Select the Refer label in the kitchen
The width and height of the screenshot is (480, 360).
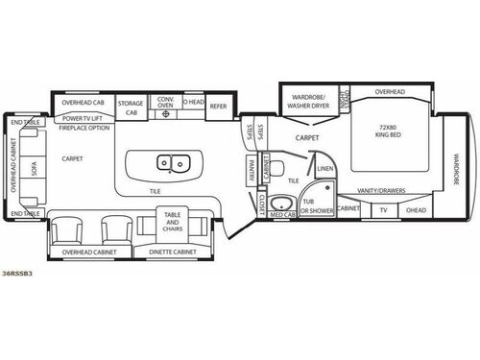coord(218,106)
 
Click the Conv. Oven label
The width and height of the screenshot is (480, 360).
coord(165,102)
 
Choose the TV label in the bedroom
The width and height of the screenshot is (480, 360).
coord(383,209)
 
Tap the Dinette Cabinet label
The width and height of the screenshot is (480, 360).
coord(173,252)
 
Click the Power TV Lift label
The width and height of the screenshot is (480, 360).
coord(84,119)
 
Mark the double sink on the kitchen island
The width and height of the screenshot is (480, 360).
coord(171,164)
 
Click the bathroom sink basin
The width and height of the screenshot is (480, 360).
coord(282,202)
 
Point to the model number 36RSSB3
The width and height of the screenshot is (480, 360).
coord(16,275)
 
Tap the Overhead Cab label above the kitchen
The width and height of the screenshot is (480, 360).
coord(84,102)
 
